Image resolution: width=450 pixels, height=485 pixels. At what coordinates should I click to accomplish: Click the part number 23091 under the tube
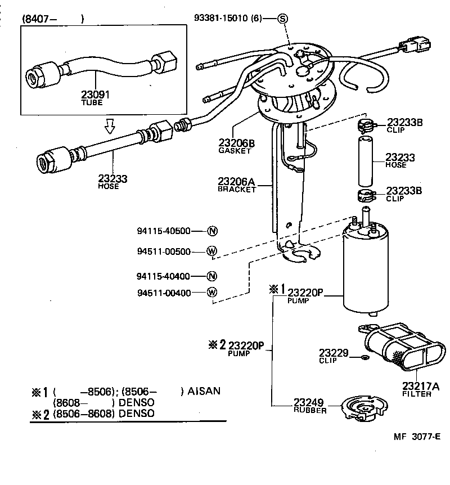(96, 95)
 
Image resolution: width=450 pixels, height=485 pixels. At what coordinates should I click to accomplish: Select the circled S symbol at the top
(283, 19)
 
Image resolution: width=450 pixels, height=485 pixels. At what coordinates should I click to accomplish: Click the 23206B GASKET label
(236, 146)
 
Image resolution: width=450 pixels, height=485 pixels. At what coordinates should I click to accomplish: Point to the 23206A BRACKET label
(236, 185)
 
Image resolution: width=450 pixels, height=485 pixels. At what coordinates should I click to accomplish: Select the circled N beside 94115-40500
(212, 231)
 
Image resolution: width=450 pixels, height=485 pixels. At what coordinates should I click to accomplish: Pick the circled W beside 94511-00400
(211, 293)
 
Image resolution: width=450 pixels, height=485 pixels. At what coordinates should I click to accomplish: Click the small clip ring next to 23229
(364, 357)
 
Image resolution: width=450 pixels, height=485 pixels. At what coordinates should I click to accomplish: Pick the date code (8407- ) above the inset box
(53, 19)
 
